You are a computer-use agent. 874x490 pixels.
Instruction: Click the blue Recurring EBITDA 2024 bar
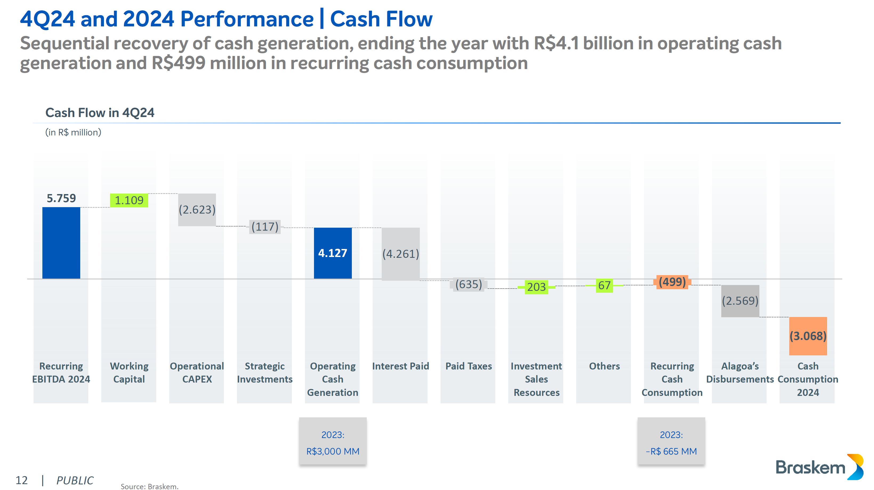point(61,243)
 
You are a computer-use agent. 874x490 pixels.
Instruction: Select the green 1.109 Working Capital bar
point(129,200)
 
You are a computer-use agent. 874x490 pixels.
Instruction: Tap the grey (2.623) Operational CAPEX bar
point(197,210)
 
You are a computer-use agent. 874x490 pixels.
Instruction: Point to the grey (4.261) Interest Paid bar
point(400,254)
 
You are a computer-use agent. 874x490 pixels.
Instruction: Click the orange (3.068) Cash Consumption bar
point(808,336)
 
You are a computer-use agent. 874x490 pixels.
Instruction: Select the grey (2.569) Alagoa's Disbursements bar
point(740,301)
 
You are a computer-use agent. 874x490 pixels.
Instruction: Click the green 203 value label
point(536,287)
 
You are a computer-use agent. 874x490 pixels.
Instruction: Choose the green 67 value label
point(604,285)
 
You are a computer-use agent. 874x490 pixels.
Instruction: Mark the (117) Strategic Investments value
point(265,227)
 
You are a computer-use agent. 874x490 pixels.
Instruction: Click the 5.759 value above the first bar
point(61,198)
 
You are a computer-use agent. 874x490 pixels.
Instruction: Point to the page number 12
point(21,480)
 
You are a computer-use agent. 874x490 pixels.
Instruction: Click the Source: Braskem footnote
point(149,487)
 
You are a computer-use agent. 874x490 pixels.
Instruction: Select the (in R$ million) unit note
point(73,132)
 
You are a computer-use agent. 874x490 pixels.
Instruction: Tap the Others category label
point(604,366)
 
